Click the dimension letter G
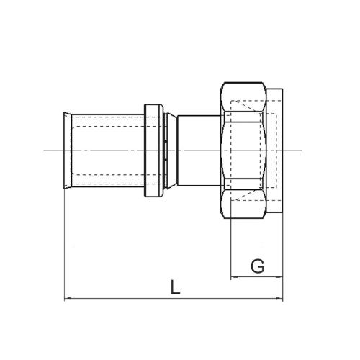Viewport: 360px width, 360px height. tap(257, 266)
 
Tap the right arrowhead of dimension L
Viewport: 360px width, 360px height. tap(281, 298)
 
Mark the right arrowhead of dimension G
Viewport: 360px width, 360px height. tap(281, 276)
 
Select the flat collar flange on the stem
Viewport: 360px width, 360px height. tap(153, 150)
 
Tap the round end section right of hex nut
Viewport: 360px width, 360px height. tap(278, 150)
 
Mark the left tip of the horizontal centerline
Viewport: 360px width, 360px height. tap(45, 150)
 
